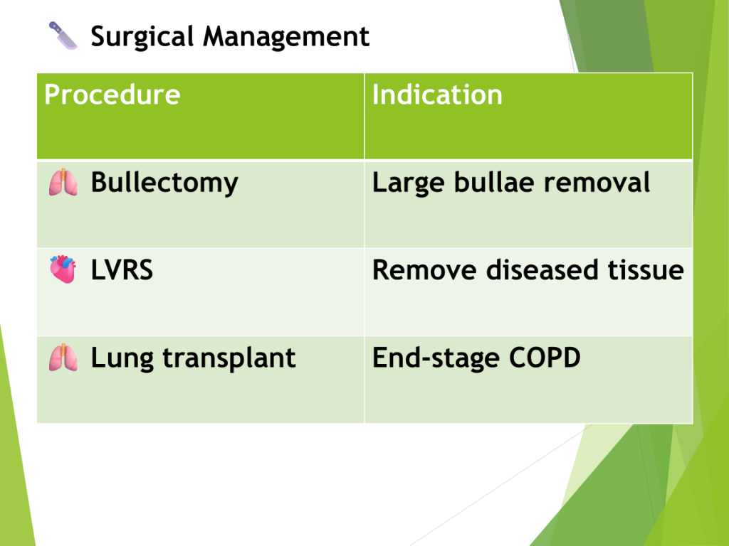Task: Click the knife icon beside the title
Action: pyautogui.click(x=63, y=36)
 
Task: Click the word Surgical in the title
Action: pyautogui.click(x=142, y=37)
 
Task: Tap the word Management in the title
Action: pyautogui.click(x=286, y=36)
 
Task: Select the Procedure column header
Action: pyautogui.click(x=112, y=95)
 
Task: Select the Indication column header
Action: pyautogui.click(x=437, y=95)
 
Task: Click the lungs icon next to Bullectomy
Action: pyautogui.click(x=63, y=182)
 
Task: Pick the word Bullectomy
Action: pyautogui.click(x=164, y=183)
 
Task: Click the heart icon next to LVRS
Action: pyautogui.click(x=63, y=269)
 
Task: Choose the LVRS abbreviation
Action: pyautogui.click(x=122, y=269)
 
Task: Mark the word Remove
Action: pyautogui.click(x=424, y=269)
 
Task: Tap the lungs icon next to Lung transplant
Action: pyautogui.click(x=63, y=358)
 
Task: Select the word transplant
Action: pyautogui.click(x=229, y=358)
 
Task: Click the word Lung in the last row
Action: pyautogui.click(x=122, y=358)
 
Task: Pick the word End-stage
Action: pyautogui.click(x=436, y=358)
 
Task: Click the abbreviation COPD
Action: pyautogui.click(x=545, y=358)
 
